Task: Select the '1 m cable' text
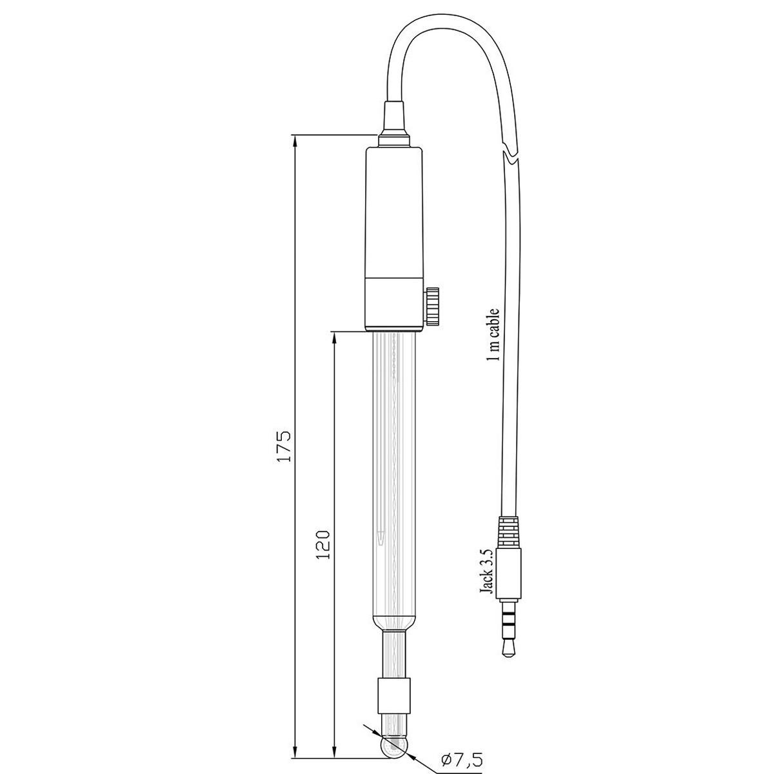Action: [x=493, y=335]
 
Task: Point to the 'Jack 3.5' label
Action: [x=486, y=575]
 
